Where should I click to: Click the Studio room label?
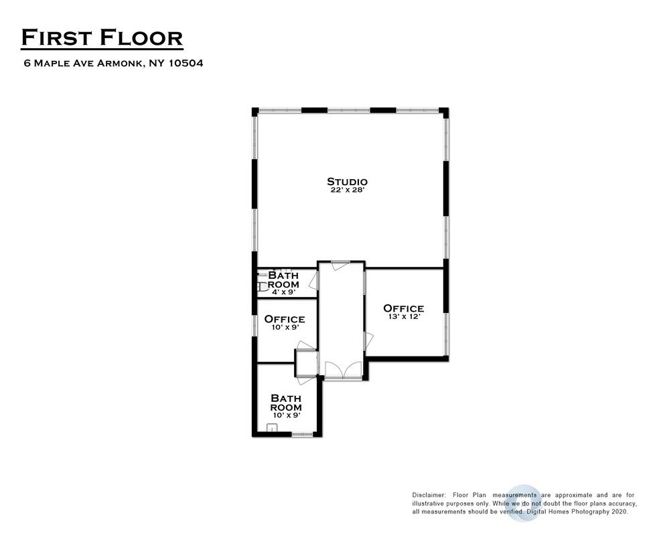pyautogui.click(x=347, y=181)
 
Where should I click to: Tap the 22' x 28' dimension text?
pyautogui.click(x=347, y=191)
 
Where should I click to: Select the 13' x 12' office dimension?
pyautogui.click(x=403, y=317)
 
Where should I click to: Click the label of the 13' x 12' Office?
pyautogui.click(x=403, y=308)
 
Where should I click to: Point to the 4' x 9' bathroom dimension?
pyautogui.click(x=283, y=292)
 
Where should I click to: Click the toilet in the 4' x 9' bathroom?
pyautogui.click(x=263, y=286)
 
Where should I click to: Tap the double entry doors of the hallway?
pyautogui.click(x=342, y=371)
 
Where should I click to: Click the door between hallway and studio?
pyautogui.click(x=340, y=265)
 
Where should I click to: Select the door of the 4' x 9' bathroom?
pyautogui.click(x=313, y=281)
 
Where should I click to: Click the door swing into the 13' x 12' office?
pyautogui.click(x=368, y=341)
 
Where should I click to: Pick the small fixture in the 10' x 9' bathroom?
pyautogui.click(x=272, y=428)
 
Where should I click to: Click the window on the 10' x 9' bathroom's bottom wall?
pyautogui.click(x=302, y=435)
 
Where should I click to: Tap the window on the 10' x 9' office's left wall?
pyautogui.click(x=254, y=325)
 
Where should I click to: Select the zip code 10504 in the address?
pyautogui.click(x=184, y=64)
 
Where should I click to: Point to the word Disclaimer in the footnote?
pyautogui.click(x=429, y=494)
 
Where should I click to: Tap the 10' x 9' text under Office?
pyautogui.click(x=284, y=328)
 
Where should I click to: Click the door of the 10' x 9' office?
pyautogui.click(x=306, y=346)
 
